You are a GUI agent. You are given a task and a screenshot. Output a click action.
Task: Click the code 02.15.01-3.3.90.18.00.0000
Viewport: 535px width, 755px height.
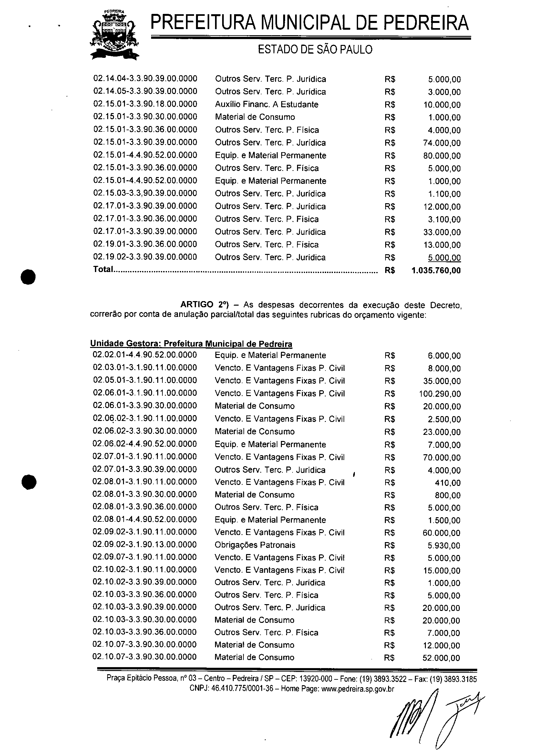pyautogui.click(x=145, y=104)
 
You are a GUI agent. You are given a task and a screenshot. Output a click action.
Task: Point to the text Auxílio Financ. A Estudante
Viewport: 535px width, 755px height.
pyautogui.click(x=266, y=105)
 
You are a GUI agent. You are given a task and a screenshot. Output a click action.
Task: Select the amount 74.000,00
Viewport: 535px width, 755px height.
pyautogui.click(x=442, y=143)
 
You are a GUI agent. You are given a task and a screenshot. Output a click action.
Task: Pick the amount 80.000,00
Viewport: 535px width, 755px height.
pyautogui.click(x=442, y=155)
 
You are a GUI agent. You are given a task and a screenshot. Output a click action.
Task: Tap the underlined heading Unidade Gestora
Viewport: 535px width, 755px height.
pyautogui.click(x=125, y=344)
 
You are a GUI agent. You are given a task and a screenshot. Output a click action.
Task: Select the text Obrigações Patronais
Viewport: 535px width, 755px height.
pyautogui.click(x=255, y=545)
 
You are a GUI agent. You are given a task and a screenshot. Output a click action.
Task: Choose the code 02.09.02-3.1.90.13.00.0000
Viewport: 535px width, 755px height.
pyautogui.click(x=145, y=545)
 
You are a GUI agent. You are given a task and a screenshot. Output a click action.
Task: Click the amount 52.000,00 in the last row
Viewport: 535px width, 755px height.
pyautogui.click(x=441, y=658)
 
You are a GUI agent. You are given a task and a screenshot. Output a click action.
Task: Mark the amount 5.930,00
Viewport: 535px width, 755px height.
pyautogui.click(x=444, y=546)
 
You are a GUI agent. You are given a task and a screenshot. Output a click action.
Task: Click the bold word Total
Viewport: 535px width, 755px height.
pyautogui.click(x=103, y=269)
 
